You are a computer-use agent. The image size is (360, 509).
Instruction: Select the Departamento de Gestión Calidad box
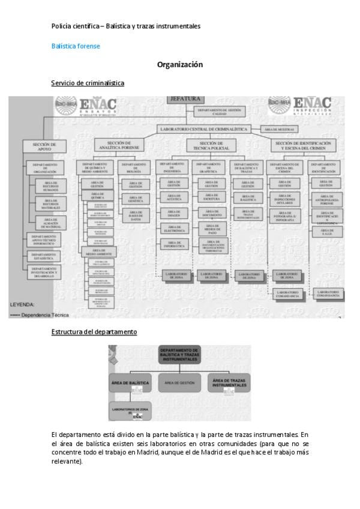click(x=220, y=110)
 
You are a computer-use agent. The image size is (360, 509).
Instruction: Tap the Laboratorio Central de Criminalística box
click(x=203, y=129)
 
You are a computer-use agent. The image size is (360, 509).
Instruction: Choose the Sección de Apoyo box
click(x=44, y=146)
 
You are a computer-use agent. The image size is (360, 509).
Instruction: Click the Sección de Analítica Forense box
click(x=119, y=146)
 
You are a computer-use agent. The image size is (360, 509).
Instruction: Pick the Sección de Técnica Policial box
click(x=211, y=146)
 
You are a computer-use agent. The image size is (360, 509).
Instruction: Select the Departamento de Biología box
click(x=135, y=167)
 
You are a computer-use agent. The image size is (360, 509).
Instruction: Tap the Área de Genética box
click(x=135, y=199)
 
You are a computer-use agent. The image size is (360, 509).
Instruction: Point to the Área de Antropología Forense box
click(x=326, y=200)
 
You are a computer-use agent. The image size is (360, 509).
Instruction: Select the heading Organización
click(x=180, y=65)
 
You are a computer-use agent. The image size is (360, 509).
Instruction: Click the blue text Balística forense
click(x=76, y=46)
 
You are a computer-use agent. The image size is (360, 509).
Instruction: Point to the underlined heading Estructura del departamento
click(x=94, y=331)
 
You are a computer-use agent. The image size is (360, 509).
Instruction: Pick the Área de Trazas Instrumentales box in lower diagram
click(x=229, y=382)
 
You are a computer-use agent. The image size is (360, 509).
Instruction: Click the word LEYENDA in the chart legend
click(x=23, y=304)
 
